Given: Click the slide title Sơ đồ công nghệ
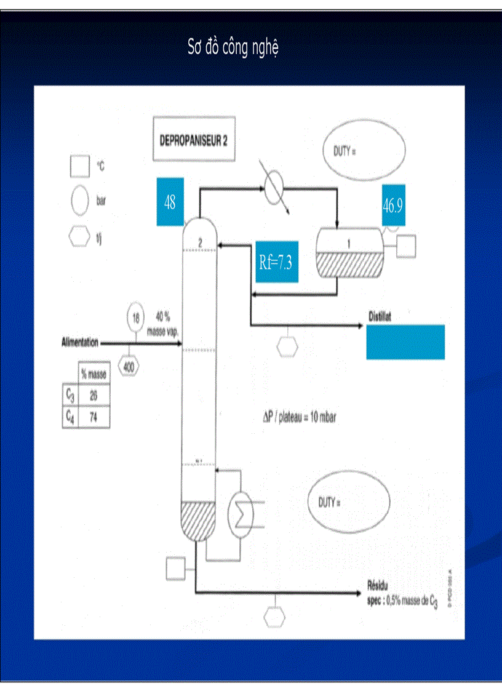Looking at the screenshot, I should [x=233, y=49].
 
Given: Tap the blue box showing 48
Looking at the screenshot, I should [x=170, y=202].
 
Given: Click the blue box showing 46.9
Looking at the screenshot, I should [x=393, y=206].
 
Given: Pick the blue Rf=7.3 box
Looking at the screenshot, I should [x=276, y=262].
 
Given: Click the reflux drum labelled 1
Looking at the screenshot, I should [x=348, y=253].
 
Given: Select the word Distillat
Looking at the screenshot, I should [x=380, y=316].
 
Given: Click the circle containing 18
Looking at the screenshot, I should [x=136, y=318].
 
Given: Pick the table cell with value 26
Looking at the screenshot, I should [x=93, y=396].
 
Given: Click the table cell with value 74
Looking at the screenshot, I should [x=93, y=417].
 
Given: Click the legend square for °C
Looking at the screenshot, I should [x=80, y=166].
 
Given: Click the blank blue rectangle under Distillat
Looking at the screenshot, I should [x=405, y=342].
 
